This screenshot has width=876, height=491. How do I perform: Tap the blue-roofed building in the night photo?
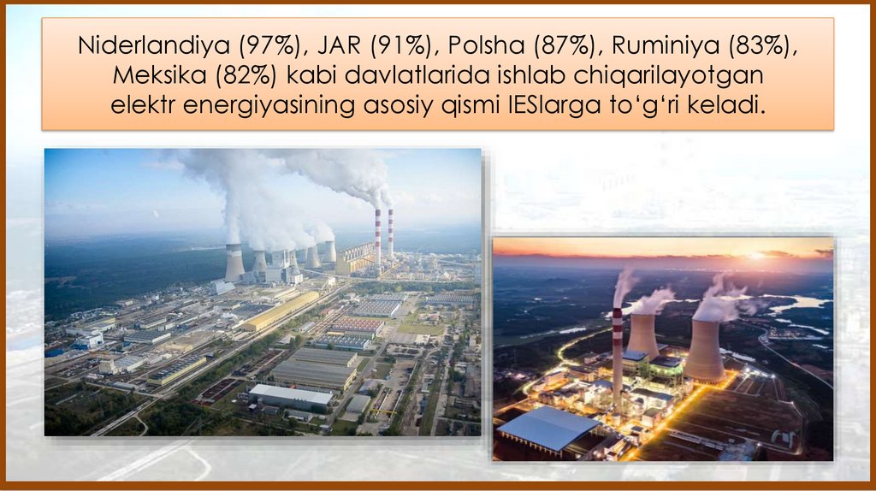[547, 428]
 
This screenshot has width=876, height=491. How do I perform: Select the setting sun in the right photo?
[756, 255]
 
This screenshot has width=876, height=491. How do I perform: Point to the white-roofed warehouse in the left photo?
[291, 395]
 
